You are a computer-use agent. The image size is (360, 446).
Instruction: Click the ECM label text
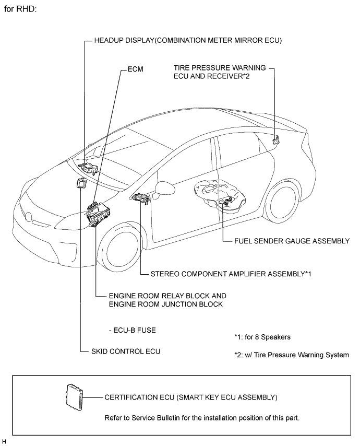[x=135, y=68]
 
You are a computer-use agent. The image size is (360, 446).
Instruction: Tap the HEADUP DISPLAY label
[x=188, y=40]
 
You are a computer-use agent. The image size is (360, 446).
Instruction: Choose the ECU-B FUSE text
[x=133, y=330]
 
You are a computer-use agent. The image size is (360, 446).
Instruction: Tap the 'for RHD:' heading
[x=20, y=9]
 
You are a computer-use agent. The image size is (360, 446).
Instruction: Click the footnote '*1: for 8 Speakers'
[x=262, y=337]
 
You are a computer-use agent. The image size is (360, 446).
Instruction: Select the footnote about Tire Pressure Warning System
[x=291, y=355]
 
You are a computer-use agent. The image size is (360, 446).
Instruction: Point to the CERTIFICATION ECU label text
[x=190, y=397]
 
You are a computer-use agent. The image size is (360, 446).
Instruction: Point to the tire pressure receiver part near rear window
[x=276, y=139]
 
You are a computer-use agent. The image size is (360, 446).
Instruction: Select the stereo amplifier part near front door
[x=141, y=198]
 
